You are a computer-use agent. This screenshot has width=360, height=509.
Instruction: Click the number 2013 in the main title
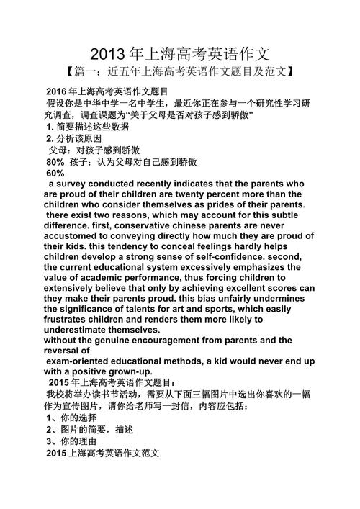(x=109, y=54)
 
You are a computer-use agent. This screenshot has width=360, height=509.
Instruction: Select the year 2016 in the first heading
(x=56, y=92)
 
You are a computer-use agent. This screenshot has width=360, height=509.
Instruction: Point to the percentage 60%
(x=55, y=174)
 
